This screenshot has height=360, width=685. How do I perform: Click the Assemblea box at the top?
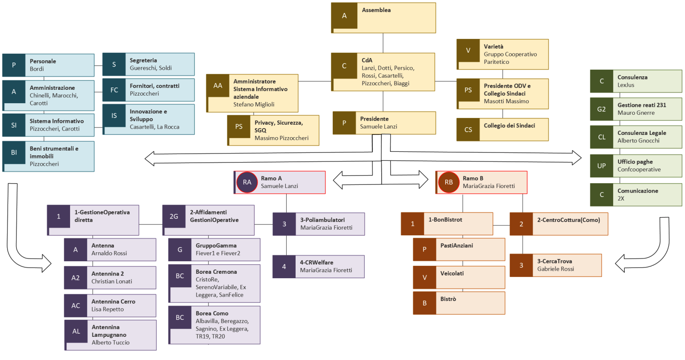tap(383, 17)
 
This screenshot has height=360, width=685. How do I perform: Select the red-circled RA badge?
tap(247, 182)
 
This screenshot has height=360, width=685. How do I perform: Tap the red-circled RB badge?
tap(449, 182)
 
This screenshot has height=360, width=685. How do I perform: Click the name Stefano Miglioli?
tap(254, 105)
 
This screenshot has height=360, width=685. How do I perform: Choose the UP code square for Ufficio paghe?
tap(601, 166)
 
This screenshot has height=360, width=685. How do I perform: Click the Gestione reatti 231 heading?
tap(642, 105)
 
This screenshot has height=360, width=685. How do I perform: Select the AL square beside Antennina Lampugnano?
tap(76, 331)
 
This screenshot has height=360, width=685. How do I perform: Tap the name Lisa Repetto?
tap(108, 309)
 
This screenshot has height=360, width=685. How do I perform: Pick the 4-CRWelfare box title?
tap(316, 262)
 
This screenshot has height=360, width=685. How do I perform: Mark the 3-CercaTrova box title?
tap(554, 261)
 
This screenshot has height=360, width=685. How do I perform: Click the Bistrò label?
tap(448, 299)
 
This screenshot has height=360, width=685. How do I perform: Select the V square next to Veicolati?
tap(424, 277)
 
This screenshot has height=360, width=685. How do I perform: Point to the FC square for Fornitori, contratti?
tap(114, 90)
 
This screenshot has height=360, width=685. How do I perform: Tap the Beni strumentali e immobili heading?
tap(54, 152)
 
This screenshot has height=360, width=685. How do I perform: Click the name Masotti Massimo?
tap(506, 101)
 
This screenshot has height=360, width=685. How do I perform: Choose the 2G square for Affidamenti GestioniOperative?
tap(174, 217)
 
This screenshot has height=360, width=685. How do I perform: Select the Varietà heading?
tap(493, 46)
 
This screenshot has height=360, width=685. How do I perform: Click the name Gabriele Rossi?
tap(556, 269)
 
